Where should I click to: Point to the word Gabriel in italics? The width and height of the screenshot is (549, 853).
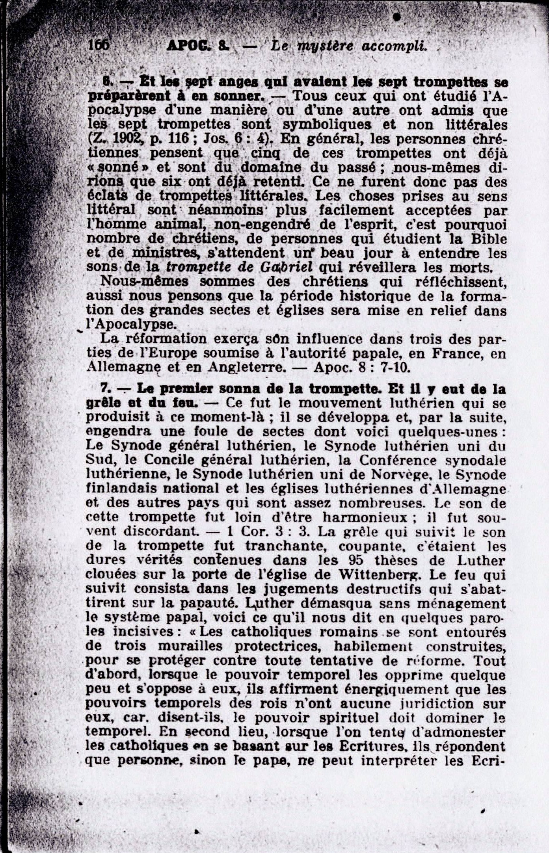pos(287,267)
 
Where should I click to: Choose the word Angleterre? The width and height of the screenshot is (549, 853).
pos(246,367)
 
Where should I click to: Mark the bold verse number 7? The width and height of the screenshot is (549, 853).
pos(104,389)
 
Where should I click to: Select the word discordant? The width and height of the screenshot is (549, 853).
pos(161,532)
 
